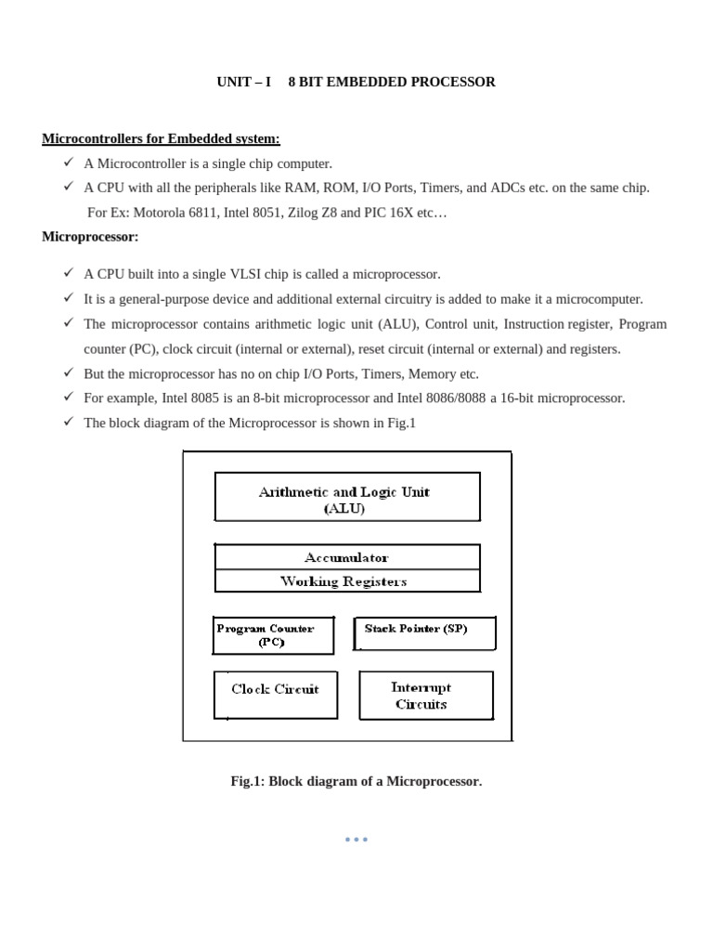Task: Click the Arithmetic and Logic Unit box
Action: (x=347, y=497)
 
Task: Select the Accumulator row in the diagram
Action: (x=347, y=557)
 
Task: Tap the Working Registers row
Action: (x=347, y=581)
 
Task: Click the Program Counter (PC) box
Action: (x=274, y=634)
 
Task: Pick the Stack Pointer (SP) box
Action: (x=424, y=633)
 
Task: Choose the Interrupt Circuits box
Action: (x=425, y=696)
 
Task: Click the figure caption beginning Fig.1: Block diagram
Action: (x=356, y=781)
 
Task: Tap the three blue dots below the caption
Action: (x=356, y=839)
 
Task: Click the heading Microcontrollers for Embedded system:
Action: (x=161, y=138)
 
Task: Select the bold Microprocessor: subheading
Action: (x=90, y=237)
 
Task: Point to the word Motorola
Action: (x=159, y=213)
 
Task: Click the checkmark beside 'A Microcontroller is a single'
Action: (x=69, y=163)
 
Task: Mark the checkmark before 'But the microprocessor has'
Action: (x=69, y=372)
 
